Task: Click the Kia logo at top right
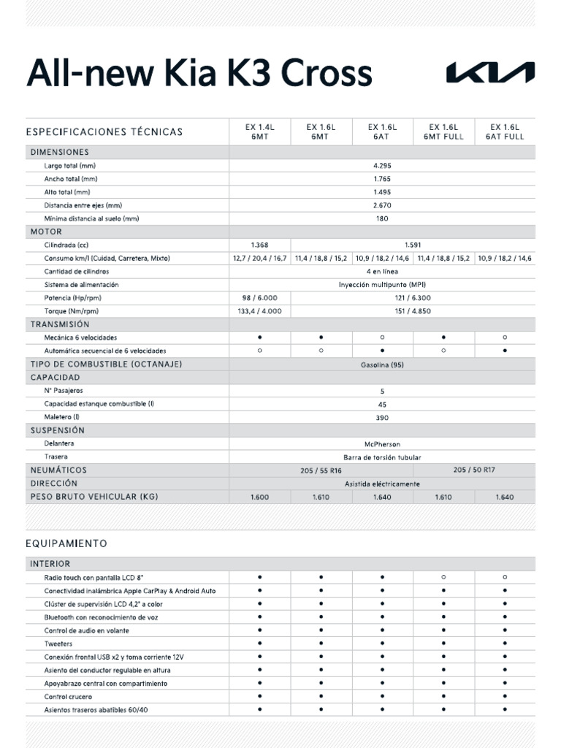(x=490, y=73)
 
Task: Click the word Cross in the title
(x=327, y=73)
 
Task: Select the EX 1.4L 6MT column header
(x=259, y=131)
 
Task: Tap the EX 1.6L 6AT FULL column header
(x=505, y=131)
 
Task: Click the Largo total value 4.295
(x=382, y=166)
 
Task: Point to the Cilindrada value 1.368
(x=259, y=245)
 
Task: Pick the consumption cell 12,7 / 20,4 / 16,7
(x=259, y=259)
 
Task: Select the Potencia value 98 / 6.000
(x=259, y=298)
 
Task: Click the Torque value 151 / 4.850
(x=413, y=311)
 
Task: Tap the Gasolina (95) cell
(x=382, y=365)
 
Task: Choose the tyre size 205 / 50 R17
(x=473, y=470)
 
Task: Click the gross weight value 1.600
(x=259, y=497)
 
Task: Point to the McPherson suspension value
(x=382, y=444)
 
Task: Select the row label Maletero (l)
(x=61, y=417)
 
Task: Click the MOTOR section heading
(x=46, y=232)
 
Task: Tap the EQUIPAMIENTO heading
(x=66, y=543)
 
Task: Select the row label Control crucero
(x=68, y=697)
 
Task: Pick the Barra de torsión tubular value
(x=382, y=457)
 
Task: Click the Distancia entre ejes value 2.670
(x=382, y=205)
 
